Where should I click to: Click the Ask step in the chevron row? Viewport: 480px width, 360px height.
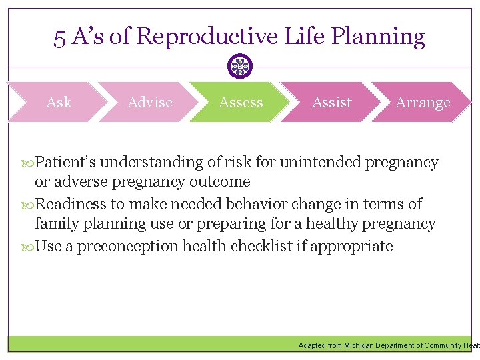pyautogui.click(x=59, y=103)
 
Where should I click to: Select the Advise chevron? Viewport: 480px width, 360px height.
pyautogui.click(x=149, y=103)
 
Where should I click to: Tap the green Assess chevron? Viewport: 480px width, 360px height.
pyautogui.click(x=241, y=103)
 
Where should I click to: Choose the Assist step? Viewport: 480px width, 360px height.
pyautogui.click(x=331, y=103)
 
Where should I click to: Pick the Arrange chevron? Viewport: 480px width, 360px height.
pyautogui.click(x=423, y=103)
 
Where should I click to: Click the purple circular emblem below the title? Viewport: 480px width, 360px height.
pyautogui.click(x=240, y=67)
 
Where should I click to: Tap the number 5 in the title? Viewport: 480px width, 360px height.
pyautogui.click(x=60, y=37)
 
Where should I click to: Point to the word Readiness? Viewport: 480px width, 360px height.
pyautogui.click(x=70, y=204)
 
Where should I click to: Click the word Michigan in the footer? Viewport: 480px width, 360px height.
pyautogui.click(x=359, y=345)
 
